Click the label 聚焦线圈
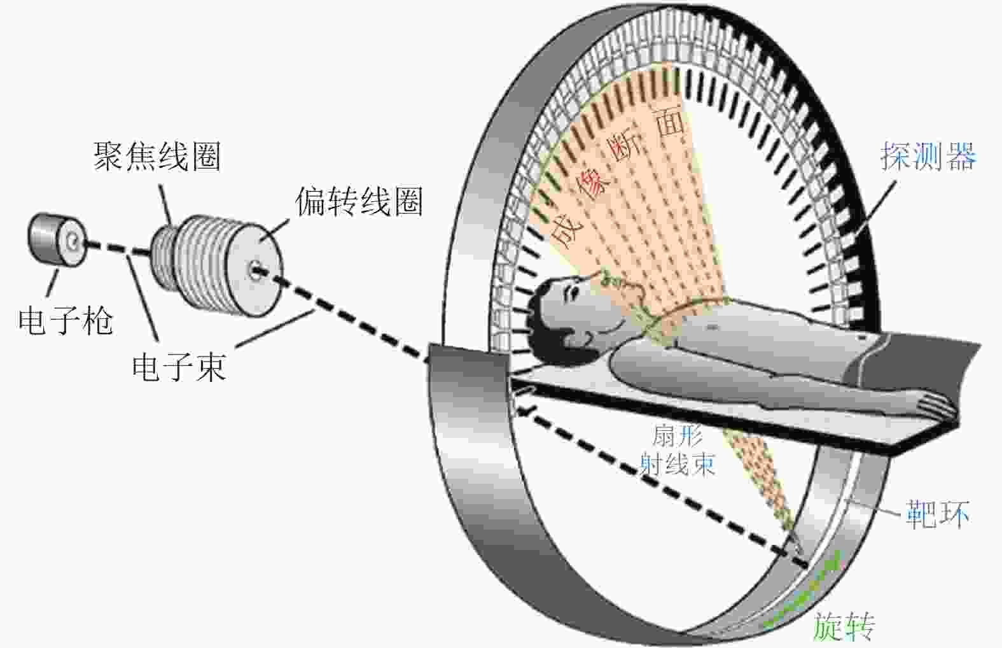(157, 157)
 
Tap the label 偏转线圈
(359, 202)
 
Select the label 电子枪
(66, 321)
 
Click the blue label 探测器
(929, 156)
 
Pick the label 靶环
(938, 514)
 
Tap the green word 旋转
(844, 627)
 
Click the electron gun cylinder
(57, 240)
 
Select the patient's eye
(573, 293)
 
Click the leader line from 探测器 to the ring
(874, 208)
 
